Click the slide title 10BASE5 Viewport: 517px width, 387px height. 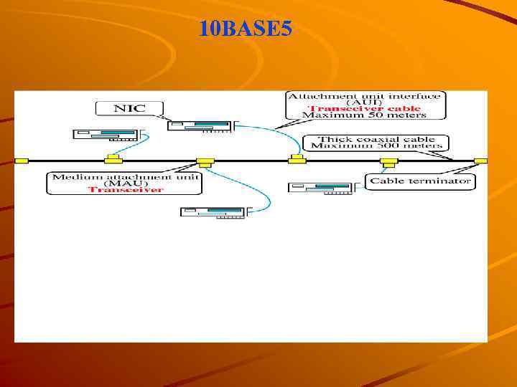coord(246,29)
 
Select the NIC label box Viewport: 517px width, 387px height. coord(129,109)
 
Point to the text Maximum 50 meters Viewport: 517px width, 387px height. coord(365,115)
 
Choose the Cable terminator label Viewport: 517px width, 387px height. coord(420,181)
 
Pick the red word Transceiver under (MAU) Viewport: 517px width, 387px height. coord(126,190)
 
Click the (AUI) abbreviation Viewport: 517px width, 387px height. coord(365,102)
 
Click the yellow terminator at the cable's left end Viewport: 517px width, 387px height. coord(22,161)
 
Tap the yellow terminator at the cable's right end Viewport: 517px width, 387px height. coord(480,161)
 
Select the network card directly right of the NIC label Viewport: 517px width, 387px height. coord(200,127)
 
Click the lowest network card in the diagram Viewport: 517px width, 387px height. coord(214,212)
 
